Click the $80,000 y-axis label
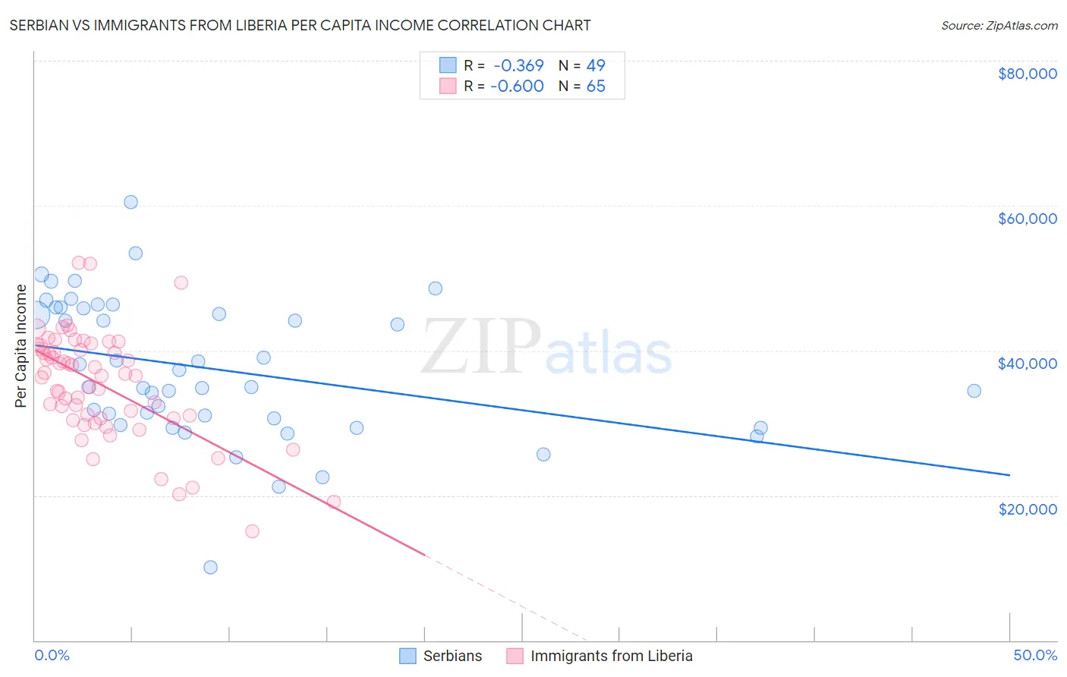click(x=1027, y=74)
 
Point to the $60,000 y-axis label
click(x=1027, y=219)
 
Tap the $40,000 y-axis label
click(x=1027, y=364)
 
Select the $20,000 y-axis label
click(x=1027, y=509)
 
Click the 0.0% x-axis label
click(x=52, y=655)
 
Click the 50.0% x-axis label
click(x=1035, y=655)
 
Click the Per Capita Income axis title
click(x=21, y=345)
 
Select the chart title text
click(x=300, y=25)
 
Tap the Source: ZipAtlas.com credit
click(x=999, y=25)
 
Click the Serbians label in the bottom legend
click(x=452, y=656)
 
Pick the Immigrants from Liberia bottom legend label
click(x=611, y=656)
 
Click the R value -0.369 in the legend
click(x=518, y=65)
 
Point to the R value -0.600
click(x=517, y=86)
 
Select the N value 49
click(x=596, y=65)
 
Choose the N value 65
click(x=596, y=86)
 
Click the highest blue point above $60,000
click(x=131, y=202)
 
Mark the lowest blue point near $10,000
click(x=210, y=567)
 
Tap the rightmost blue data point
click(x=974, y=391)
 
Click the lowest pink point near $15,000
click(x=252, y=531)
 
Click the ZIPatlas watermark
click(x=546, y=348)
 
